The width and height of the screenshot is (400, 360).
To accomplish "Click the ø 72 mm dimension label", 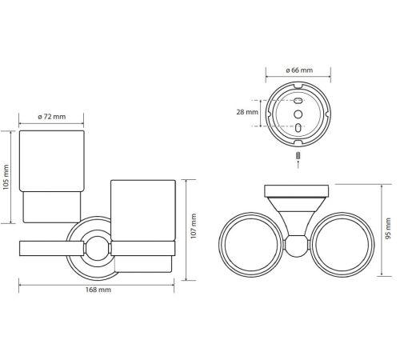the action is click(x=51, y=117).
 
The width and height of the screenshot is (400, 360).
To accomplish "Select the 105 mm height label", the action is click(x=6, y=177).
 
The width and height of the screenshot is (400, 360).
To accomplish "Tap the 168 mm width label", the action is click(x=98, y=290).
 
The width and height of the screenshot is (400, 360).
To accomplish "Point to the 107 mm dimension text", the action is click(x=194, y=226).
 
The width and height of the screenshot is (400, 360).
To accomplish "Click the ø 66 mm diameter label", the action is click(x=299, y=70).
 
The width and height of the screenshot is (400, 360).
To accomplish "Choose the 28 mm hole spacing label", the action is click(x=247, y=112).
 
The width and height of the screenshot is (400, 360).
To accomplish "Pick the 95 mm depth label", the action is click(x=388, y=228).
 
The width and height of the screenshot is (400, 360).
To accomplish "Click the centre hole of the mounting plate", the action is click(x=298, y=114).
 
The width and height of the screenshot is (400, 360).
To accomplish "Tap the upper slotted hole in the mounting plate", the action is click(x=298, y=101).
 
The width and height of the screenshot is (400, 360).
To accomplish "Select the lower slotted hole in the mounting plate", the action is click(x=298, y=127).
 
